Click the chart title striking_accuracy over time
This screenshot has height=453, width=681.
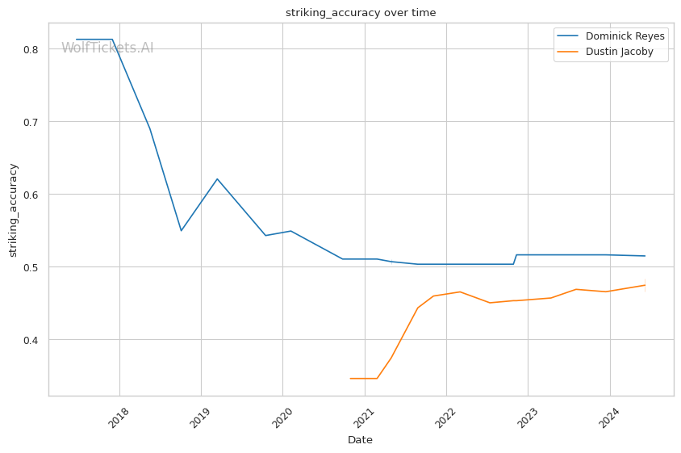click(x=361, y=12)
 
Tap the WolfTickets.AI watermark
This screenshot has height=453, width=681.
click(x=107, y=48)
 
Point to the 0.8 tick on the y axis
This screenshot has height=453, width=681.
click(x=31, y=49)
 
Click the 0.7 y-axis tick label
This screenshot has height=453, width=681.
click(x=31, y=122)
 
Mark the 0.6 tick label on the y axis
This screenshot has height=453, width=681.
click(x=31, y=195)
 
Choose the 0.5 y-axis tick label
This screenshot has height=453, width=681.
click(x=31, y=267)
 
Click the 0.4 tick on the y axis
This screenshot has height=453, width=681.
click(x=31, y=340)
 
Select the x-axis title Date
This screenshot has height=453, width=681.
click(x=360, y=440)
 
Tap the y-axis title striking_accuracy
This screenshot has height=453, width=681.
click(x=13, y=210)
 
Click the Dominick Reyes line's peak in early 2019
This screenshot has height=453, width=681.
click(x=217, y=178)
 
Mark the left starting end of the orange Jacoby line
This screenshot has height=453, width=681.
click(x=350, y=378)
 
